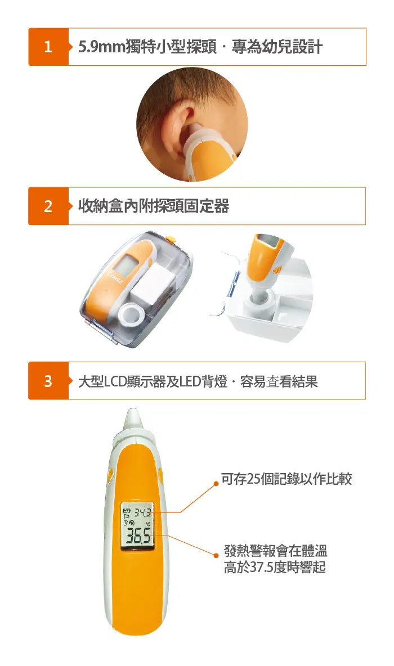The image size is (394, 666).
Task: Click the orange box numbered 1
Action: (x=48, y=47)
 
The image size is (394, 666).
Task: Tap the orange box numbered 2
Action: (x=48, y=206)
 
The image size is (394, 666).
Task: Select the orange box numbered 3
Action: (x=48, y=381)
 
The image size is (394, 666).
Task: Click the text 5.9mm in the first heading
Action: (x=102, y=47)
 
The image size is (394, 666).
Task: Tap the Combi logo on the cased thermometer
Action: (x=115, y=278)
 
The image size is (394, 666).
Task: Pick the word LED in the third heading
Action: (x=190, y=381)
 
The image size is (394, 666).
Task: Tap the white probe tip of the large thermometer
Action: (x=132, y=421)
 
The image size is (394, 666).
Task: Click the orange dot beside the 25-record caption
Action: (x=216, y=483)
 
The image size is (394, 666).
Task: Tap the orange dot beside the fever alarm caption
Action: (x=216, y=555)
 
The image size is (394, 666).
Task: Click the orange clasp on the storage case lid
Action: (x=171, y=240)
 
